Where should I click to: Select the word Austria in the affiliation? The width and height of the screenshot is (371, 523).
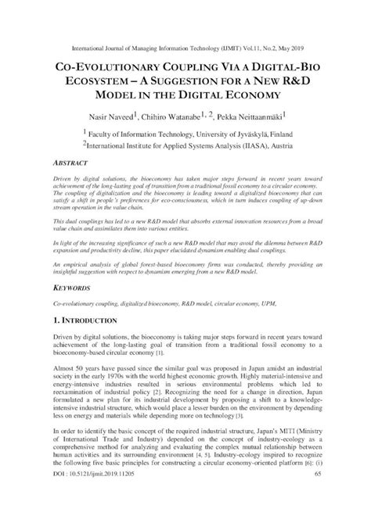[282, 146]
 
